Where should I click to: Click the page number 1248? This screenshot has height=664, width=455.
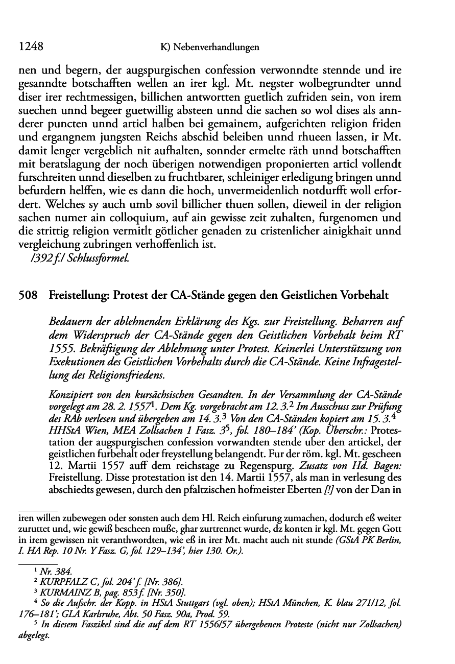pyautogui.click(x=30, y=47)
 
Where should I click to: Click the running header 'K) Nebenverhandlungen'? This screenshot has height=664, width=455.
pyautogui.click(x=210, y=48)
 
